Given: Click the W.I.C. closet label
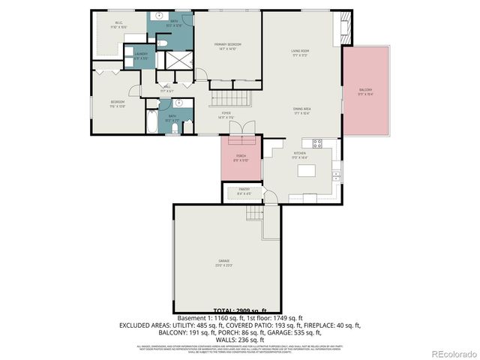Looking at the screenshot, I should (109, 25).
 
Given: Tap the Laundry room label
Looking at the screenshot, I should (140, 56).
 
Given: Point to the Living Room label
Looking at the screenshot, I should (300, 52).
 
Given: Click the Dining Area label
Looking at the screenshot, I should (302, 110).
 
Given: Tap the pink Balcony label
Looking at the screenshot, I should (365, 91).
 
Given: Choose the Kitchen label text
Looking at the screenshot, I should (300, 155).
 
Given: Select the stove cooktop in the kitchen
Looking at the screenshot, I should (316, 142).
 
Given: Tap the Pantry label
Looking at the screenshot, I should (244, 191).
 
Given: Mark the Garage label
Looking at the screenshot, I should (224, 262).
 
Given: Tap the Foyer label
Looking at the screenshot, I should (226, 115).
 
